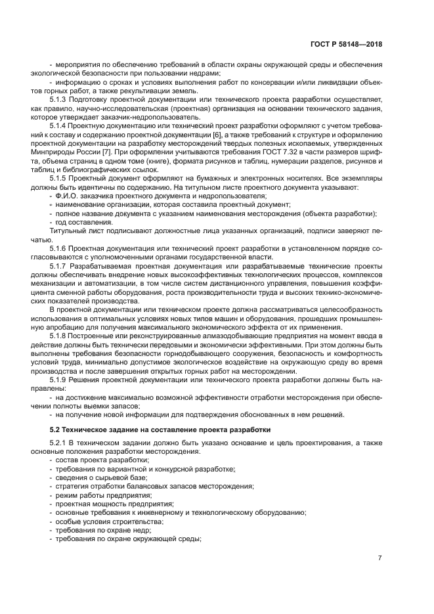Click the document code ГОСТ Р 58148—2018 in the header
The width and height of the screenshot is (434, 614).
[345, 45]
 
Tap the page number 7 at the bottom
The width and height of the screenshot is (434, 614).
[379, 558]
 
